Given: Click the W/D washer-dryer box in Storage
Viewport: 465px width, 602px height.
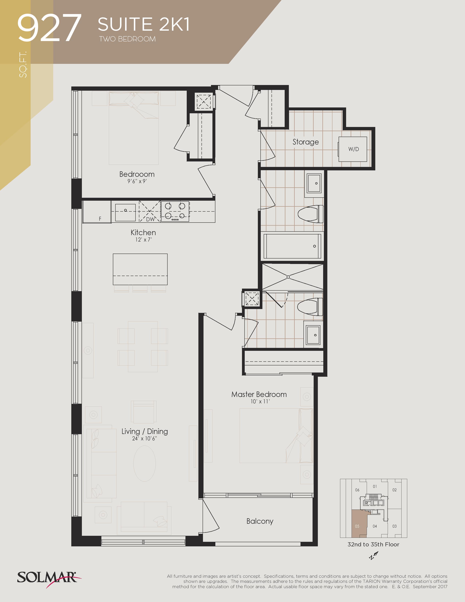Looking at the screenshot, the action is (353, 149).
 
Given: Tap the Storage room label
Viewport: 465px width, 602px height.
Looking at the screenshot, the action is (305, 142).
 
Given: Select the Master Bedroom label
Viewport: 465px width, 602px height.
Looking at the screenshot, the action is (259, 394).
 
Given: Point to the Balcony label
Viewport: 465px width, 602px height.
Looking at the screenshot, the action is (260, 521).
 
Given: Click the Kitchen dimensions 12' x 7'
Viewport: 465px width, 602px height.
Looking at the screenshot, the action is (143, 240).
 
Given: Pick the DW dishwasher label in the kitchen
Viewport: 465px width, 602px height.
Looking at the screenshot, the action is (150, 219).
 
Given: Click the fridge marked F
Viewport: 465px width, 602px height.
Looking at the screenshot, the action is (97, 212).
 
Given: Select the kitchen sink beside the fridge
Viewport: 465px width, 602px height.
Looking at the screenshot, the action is (125, 212).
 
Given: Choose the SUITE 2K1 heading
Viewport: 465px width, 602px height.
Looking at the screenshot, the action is (144, 24).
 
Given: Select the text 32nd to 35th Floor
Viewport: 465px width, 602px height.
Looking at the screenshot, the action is (373, 544).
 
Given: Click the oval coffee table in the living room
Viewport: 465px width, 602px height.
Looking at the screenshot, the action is (144, 463).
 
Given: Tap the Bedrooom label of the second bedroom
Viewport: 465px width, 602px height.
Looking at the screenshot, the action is (137, 174).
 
